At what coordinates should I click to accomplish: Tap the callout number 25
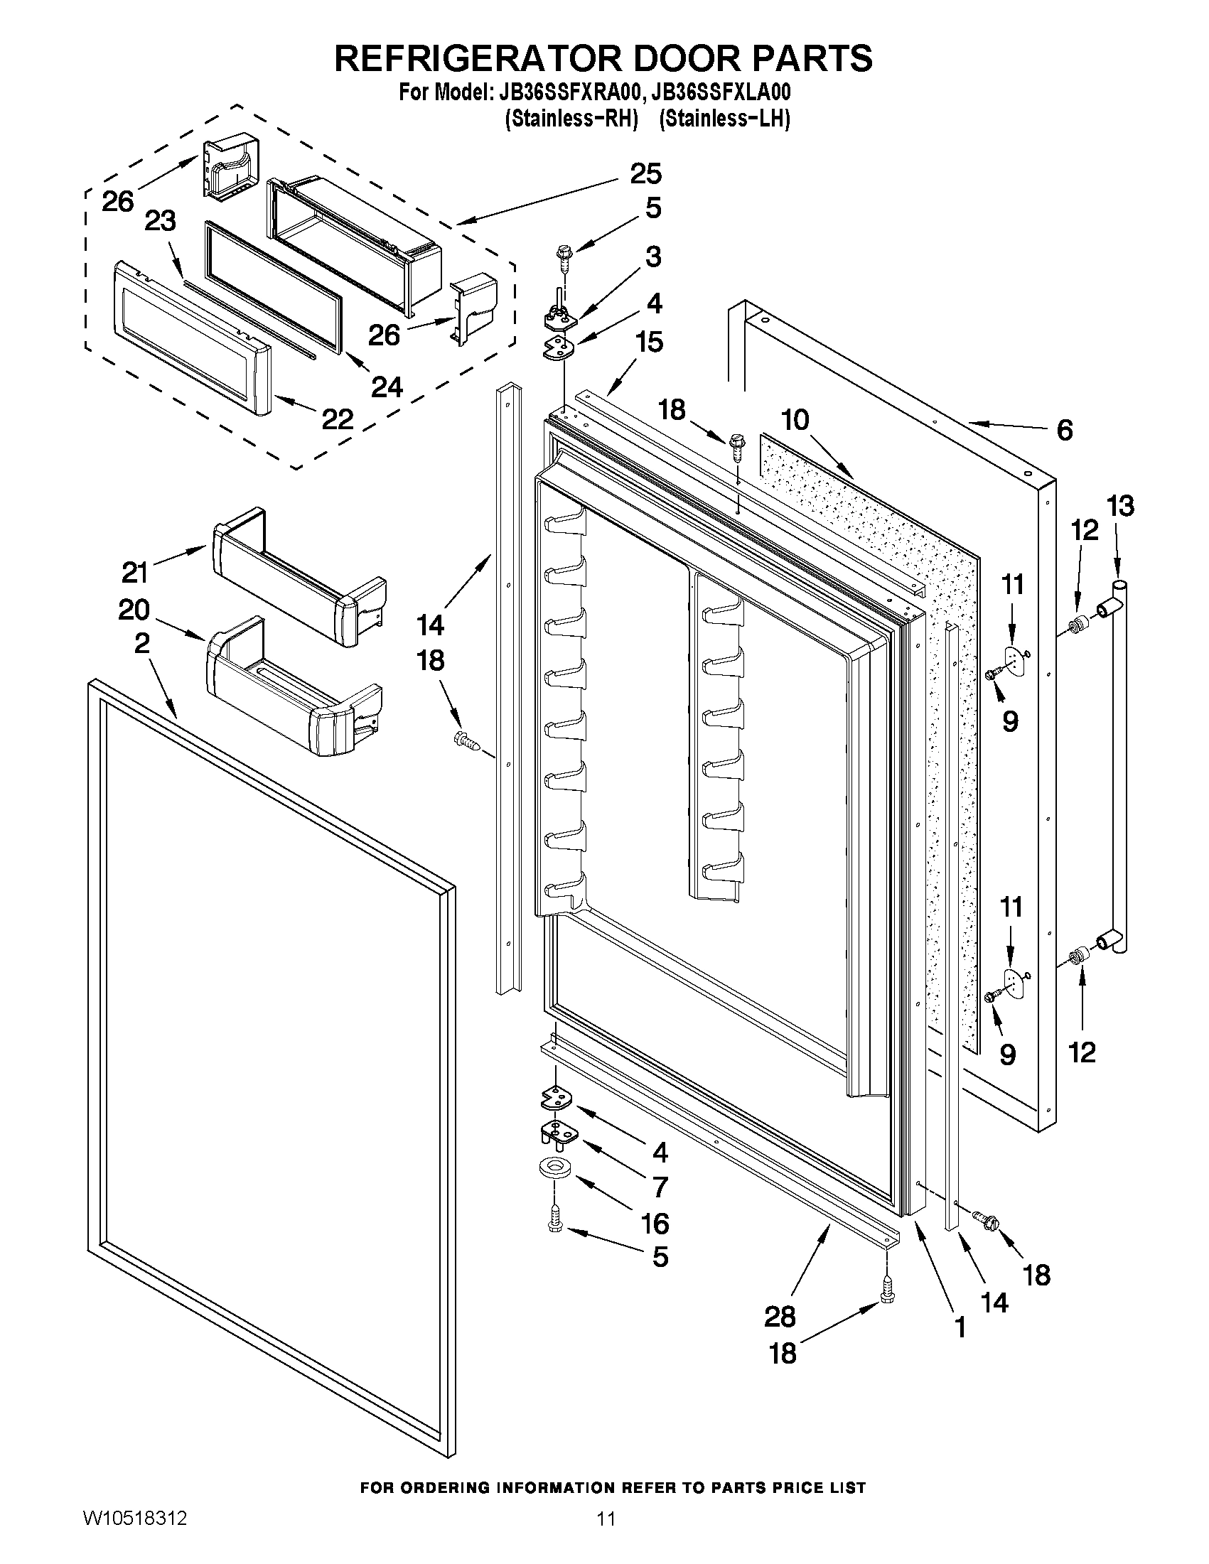645,174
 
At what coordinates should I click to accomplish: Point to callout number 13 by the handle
1120,507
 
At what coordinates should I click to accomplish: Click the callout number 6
1064,430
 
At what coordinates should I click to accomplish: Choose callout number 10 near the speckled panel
795,420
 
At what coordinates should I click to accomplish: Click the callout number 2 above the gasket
142,643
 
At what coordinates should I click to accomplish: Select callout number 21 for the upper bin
134,573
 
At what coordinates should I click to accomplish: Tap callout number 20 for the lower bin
134,610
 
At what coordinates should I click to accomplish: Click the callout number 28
779,1316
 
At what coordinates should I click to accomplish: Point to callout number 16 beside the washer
655,1224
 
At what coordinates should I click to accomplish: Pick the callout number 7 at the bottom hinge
660,1187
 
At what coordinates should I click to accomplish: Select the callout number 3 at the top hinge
652,257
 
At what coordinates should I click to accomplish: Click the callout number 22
337,419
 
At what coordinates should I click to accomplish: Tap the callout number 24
387,387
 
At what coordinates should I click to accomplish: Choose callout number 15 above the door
649,343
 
